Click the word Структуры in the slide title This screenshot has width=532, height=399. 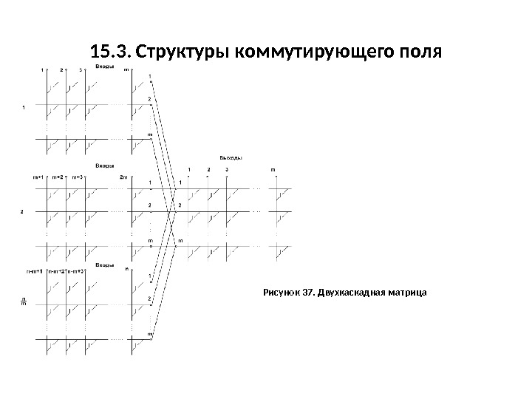181,53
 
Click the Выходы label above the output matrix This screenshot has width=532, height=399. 231,157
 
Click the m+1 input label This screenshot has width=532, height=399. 38,177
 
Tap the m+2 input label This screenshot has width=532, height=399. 58,177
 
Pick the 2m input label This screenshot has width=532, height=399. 123,177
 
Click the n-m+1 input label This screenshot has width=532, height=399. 35,271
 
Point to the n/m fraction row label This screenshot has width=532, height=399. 23,301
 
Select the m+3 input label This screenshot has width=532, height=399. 78,177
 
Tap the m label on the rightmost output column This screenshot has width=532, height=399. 273,170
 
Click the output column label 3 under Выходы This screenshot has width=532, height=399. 227,170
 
